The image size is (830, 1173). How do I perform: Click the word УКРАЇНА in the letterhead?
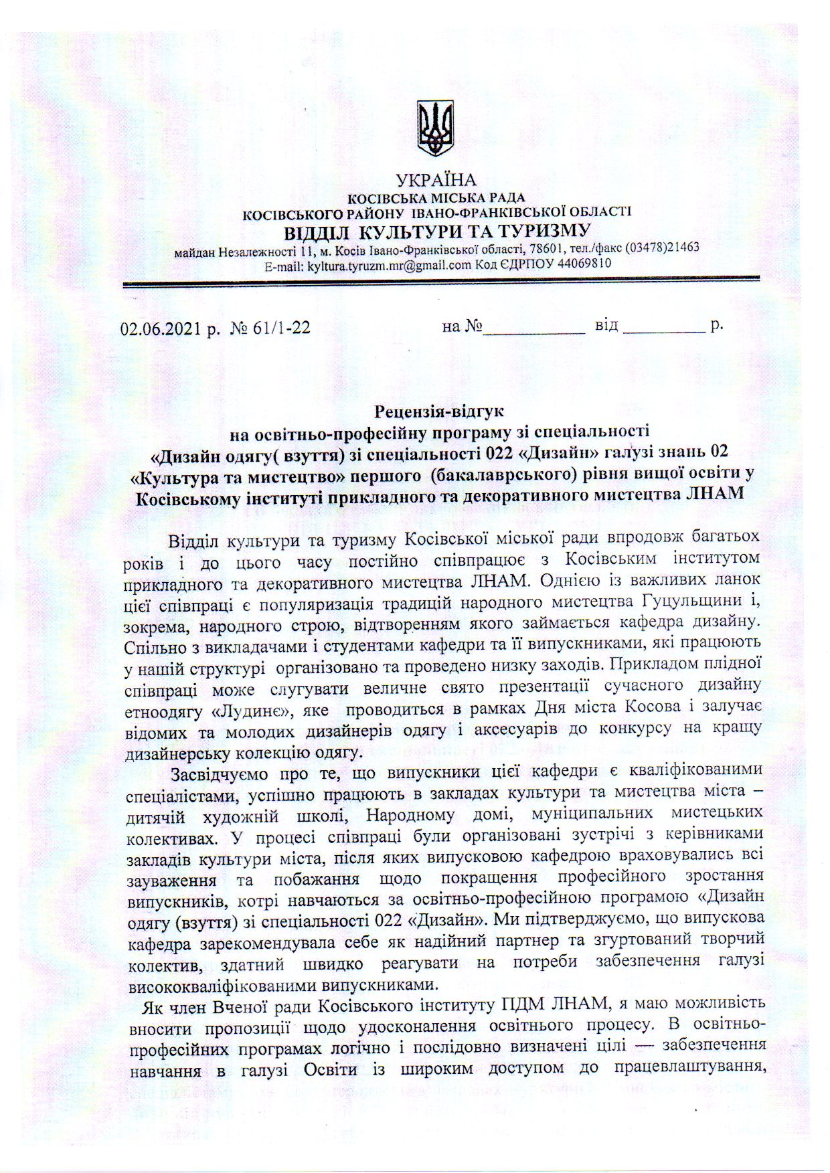436,180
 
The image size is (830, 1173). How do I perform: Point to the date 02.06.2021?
159,328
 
